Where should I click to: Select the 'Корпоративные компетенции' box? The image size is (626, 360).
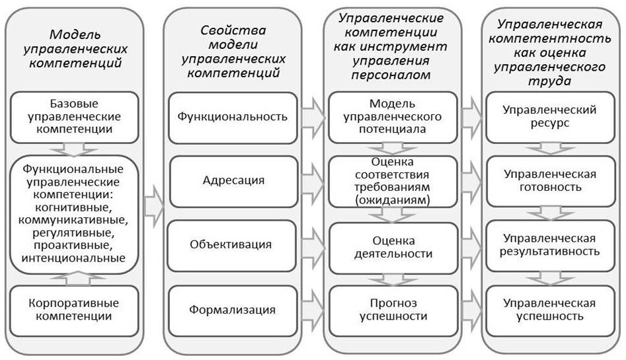point(74,310)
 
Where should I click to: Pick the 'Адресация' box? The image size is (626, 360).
point(233,181)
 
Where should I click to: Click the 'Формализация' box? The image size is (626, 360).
point(233,310)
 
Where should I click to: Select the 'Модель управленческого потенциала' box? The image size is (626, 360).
point(393,117)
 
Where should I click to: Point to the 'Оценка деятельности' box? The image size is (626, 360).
point(393,248)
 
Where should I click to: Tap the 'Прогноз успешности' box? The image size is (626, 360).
point(393,310)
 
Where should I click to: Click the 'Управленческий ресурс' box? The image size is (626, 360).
point(550,117)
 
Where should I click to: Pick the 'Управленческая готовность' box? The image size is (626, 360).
point(551,181)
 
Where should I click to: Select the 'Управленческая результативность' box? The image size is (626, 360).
point(550,246)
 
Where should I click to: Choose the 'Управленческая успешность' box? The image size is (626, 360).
point(550,310)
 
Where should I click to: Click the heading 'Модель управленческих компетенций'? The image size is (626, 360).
point(75,49)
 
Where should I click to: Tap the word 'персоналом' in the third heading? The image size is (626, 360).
point(391,75)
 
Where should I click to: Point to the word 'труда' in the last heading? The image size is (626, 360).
point(549,81)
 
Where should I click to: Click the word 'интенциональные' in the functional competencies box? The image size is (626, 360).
point(73,258)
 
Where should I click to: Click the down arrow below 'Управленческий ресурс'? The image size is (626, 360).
point(550,150)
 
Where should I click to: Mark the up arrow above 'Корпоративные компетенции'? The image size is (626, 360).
point(75,279)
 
